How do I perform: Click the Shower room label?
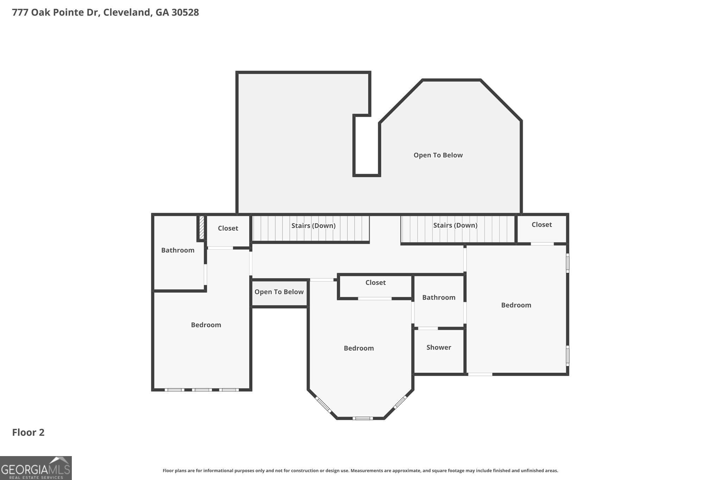coord(439,347)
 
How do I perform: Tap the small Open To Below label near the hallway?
coord(279,292)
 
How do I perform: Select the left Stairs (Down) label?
coord(313,226)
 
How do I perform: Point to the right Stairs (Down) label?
coord(455,225)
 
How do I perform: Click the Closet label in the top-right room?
coord(541,225)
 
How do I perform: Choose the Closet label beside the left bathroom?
coord(228,228)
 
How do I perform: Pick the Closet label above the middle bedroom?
coord(375,283)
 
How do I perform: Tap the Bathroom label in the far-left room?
coord(178,250)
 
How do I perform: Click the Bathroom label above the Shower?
coord(439,297)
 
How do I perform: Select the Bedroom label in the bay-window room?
coord(359,348)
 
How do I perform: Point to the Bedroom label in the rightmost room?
coord(516,305)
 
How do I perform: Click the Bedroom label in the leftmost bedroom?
coord(206,325)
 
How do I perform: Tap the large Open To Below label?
coord(438,155)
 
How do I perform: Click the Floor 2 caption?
coord(28,433)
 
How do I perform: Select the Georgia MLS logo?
coord(36,468)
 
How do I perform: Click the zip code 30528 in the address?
coord(185,12)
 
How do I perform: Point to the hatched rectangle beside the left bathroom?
coord(202,228)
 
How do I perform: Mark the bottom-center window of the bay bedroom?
coord(363,418)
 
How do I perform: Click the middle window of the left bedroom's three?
coord(202,390)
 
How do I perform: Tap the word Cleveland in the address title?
coord(126,12)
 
